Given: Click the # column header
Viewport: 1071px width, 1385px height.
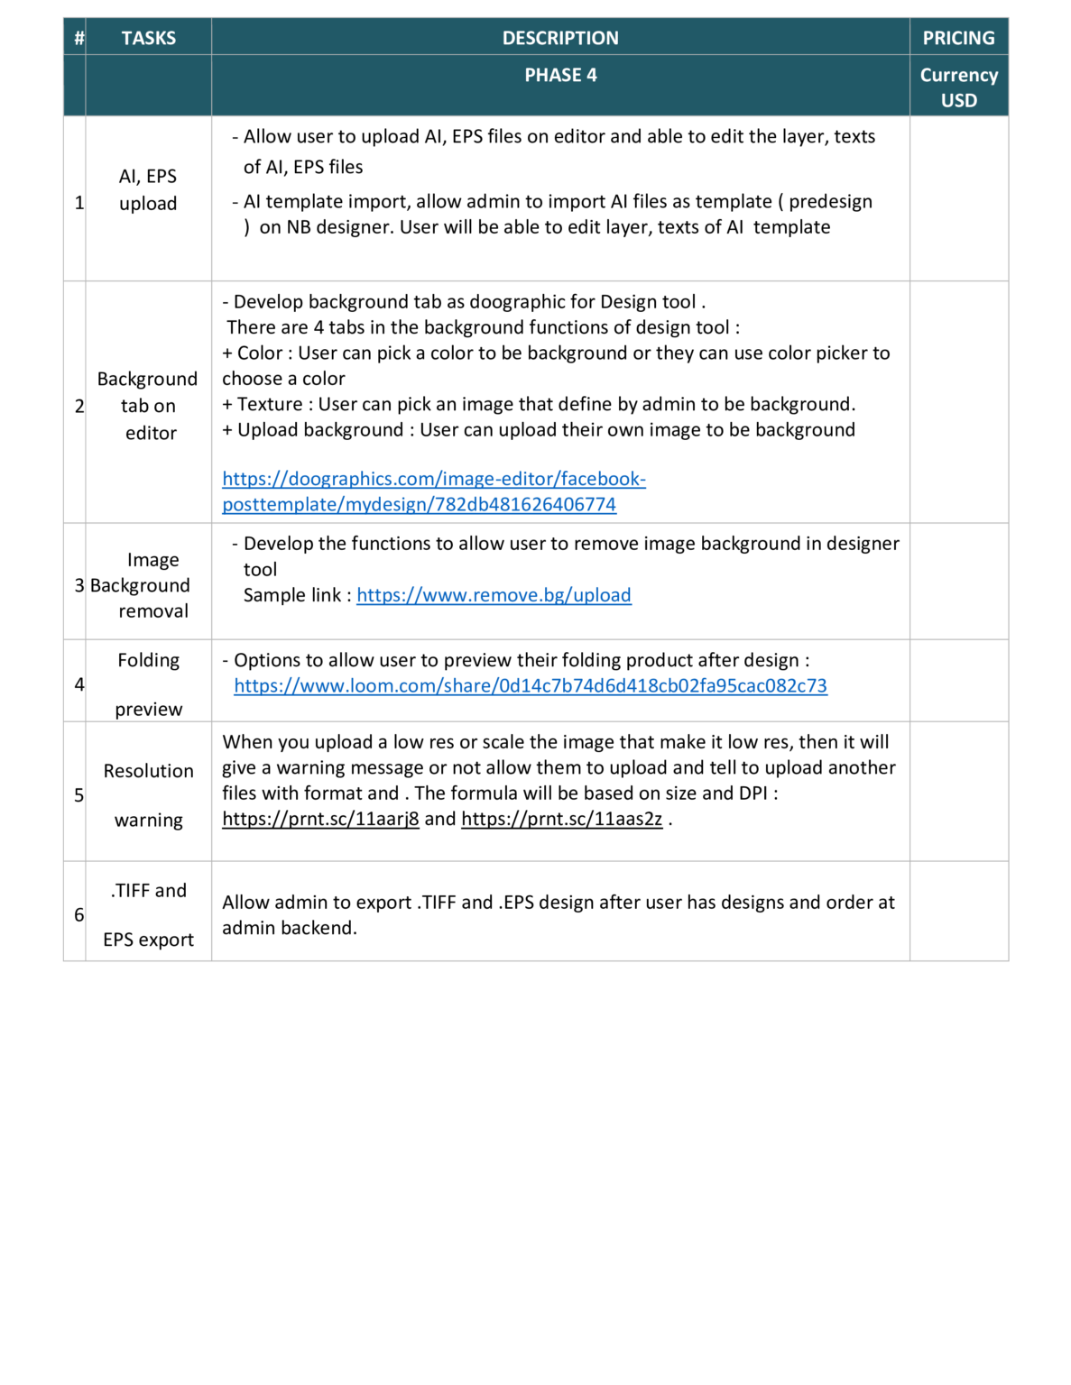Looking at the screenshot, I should point(78,38).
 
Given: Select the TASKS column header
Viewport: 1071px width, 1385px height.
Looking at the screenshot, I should point(149,38).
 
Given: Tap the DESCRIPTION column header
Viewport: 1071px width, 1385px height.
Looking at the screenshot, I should point(560,38).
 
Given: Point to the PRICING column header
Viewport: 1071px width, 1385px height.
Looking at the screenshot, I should point(958,38).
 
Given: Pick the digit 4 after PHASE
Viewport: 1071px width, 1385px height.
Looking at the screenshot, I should point(592,75).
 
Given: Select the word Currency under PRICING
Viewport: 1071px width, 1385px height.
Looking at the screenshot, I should point(958,75).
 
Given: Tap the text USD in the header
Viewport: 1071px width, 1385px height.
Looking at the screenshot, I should point(958,100).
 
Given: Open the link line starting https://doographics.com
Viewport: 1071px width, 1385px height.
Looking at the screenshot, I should point(434,478).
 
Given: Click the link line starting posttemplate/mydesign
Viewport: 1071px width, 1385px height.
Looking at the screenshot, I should point(420,504).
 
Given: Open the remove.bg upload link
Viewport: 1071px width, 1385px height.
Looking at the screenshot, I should point(494,594).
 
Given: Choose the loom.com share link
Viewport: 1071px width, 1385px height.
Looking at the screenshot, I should point(531,685).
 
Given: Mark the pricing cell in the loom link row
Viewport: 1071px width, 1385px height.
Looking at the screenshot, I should point(958,681).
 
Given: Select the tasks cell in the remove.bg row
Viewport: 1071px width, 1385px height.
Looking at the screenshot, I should point(149,582).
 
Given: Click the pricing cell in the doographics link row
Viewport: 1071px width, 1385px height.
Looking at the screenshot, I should point(958,402).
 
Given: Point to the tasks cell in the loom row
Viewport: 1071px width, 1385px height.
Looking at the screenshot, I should point(149,681).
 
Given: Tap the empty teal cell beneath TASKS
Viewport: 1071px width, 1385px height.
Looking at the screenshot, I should point(149,86).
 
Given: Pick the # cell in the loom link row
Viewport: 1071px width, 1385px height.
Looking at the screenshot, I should point(75,681).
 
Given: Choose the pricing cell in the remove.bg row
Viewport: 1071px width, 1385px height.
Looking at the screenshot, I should point(958,582).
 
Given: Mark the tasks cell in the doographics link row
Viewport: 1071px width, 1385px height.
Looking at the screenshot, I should point(149,402).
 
